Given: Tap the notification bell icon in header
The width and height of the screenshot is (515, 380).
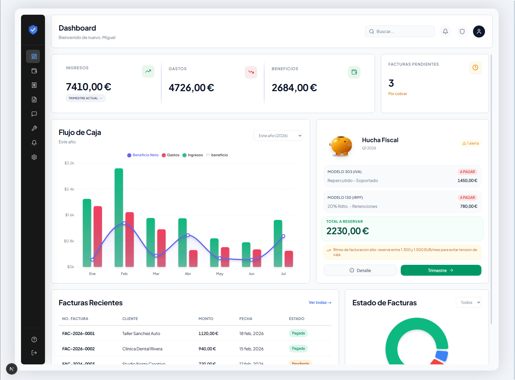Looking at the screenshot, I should tap(445, 31).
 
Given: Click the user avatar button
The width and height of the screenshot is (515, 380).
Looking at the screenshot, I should tap(479, 31).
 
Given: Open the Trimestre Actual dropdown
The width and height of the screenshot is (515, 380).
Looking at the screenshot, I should tap(85, 98).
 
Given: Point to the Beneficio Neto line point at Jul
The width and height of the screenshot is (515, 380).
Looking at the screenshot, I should tap(283, 236).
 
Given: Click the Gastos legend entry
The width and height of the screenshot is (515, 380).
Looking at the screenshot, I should tap(171, 155).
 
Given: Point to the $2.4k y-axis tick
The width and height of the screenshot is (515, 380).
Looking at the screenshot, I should tap(69, 189).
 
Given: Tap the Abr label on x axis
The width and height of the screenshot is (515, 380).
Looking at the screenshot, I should tap(188, 274).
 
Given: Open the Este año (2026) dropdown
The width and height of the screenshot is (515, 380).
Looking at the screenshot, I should tap(278, 136).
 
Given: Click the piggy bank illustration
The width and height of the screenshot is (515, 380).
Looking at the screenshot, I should tap(341, 146).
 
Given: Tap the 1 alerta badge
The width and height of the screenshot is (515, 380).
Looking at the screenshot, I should tap(471, 143).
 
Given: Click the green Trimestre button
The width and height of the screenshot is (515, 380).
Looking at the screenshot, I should tap(441, 271).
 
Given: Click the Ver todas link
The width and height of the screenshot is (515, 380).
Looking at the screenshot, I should tap(320, 303).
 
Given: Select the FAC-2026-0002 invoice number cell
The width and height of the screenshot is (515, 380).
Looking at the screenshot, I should tap(79, 349).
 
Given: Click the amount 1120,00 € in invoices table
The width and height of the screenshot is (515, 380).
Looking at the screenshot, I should tap(208, 334).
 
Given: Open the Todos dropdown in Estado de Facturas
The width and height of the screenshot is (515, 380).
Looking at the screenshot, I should tap(469, 302).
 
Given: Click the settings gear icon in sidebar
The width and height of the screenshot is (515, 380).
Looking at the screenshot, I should tap(34, 157).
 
